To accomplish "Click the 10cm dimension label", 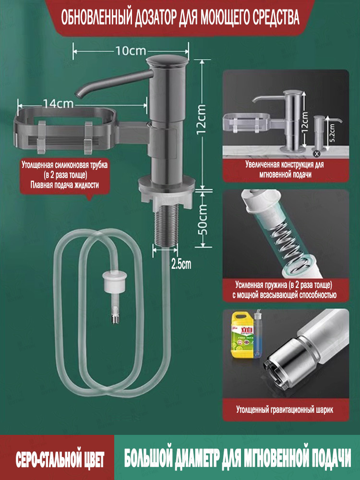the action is (131, 51).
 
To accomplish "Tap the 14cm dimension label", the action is (58, 104).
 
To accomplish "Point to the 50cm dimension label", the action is (202, 220).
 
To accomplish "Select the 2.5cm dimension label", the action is (181, 264).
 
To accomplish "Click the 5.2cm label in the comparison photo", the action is (332, 132).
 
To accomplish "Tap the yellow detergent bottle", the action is (242, 335).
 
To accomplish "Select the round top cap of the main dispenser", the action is (167, 60).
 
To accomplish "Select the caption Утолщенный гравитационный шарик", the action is (284, 409).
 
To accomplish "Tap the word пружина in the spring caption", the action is (275, 285).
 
